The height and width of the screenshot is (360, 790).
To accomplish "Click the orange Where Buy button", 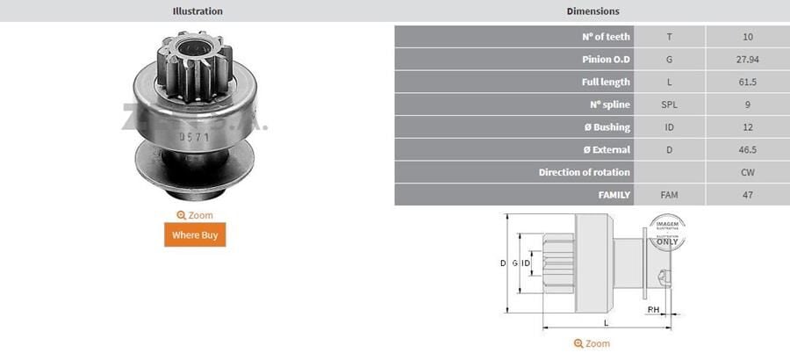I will tap(195, 234).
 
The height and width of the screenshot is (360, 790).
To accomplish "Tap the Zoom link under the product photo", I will tap(195, 215).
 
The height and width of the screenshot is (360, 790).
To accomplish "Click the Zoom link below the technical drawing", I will tap(592, 343).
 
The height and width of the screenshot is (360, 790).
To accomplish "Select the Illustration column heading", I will tap(197, 11).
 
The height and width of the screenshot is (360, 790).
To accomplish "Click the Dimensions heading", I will tap(592, 11).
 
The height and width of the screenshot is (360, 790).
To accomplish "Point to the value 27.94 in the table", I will tap(747, 60).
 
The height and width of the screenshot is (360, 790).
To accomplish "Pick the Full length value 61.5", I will tap(747, 82).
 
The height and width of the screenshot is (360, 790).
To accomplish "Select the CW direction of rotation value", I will tap(747, 172).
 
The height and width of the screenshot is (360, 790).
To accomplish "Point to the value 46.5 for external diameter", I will tap(747, 150).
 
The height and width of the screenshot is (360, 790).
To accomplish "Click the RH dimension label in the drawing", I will tap(653, 310).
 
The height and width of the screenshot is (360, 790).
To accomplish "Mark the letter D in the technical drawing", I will tap(503, 263).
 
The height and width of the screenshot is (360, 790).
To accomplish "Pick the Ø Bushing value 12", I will tap(747, 127).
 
